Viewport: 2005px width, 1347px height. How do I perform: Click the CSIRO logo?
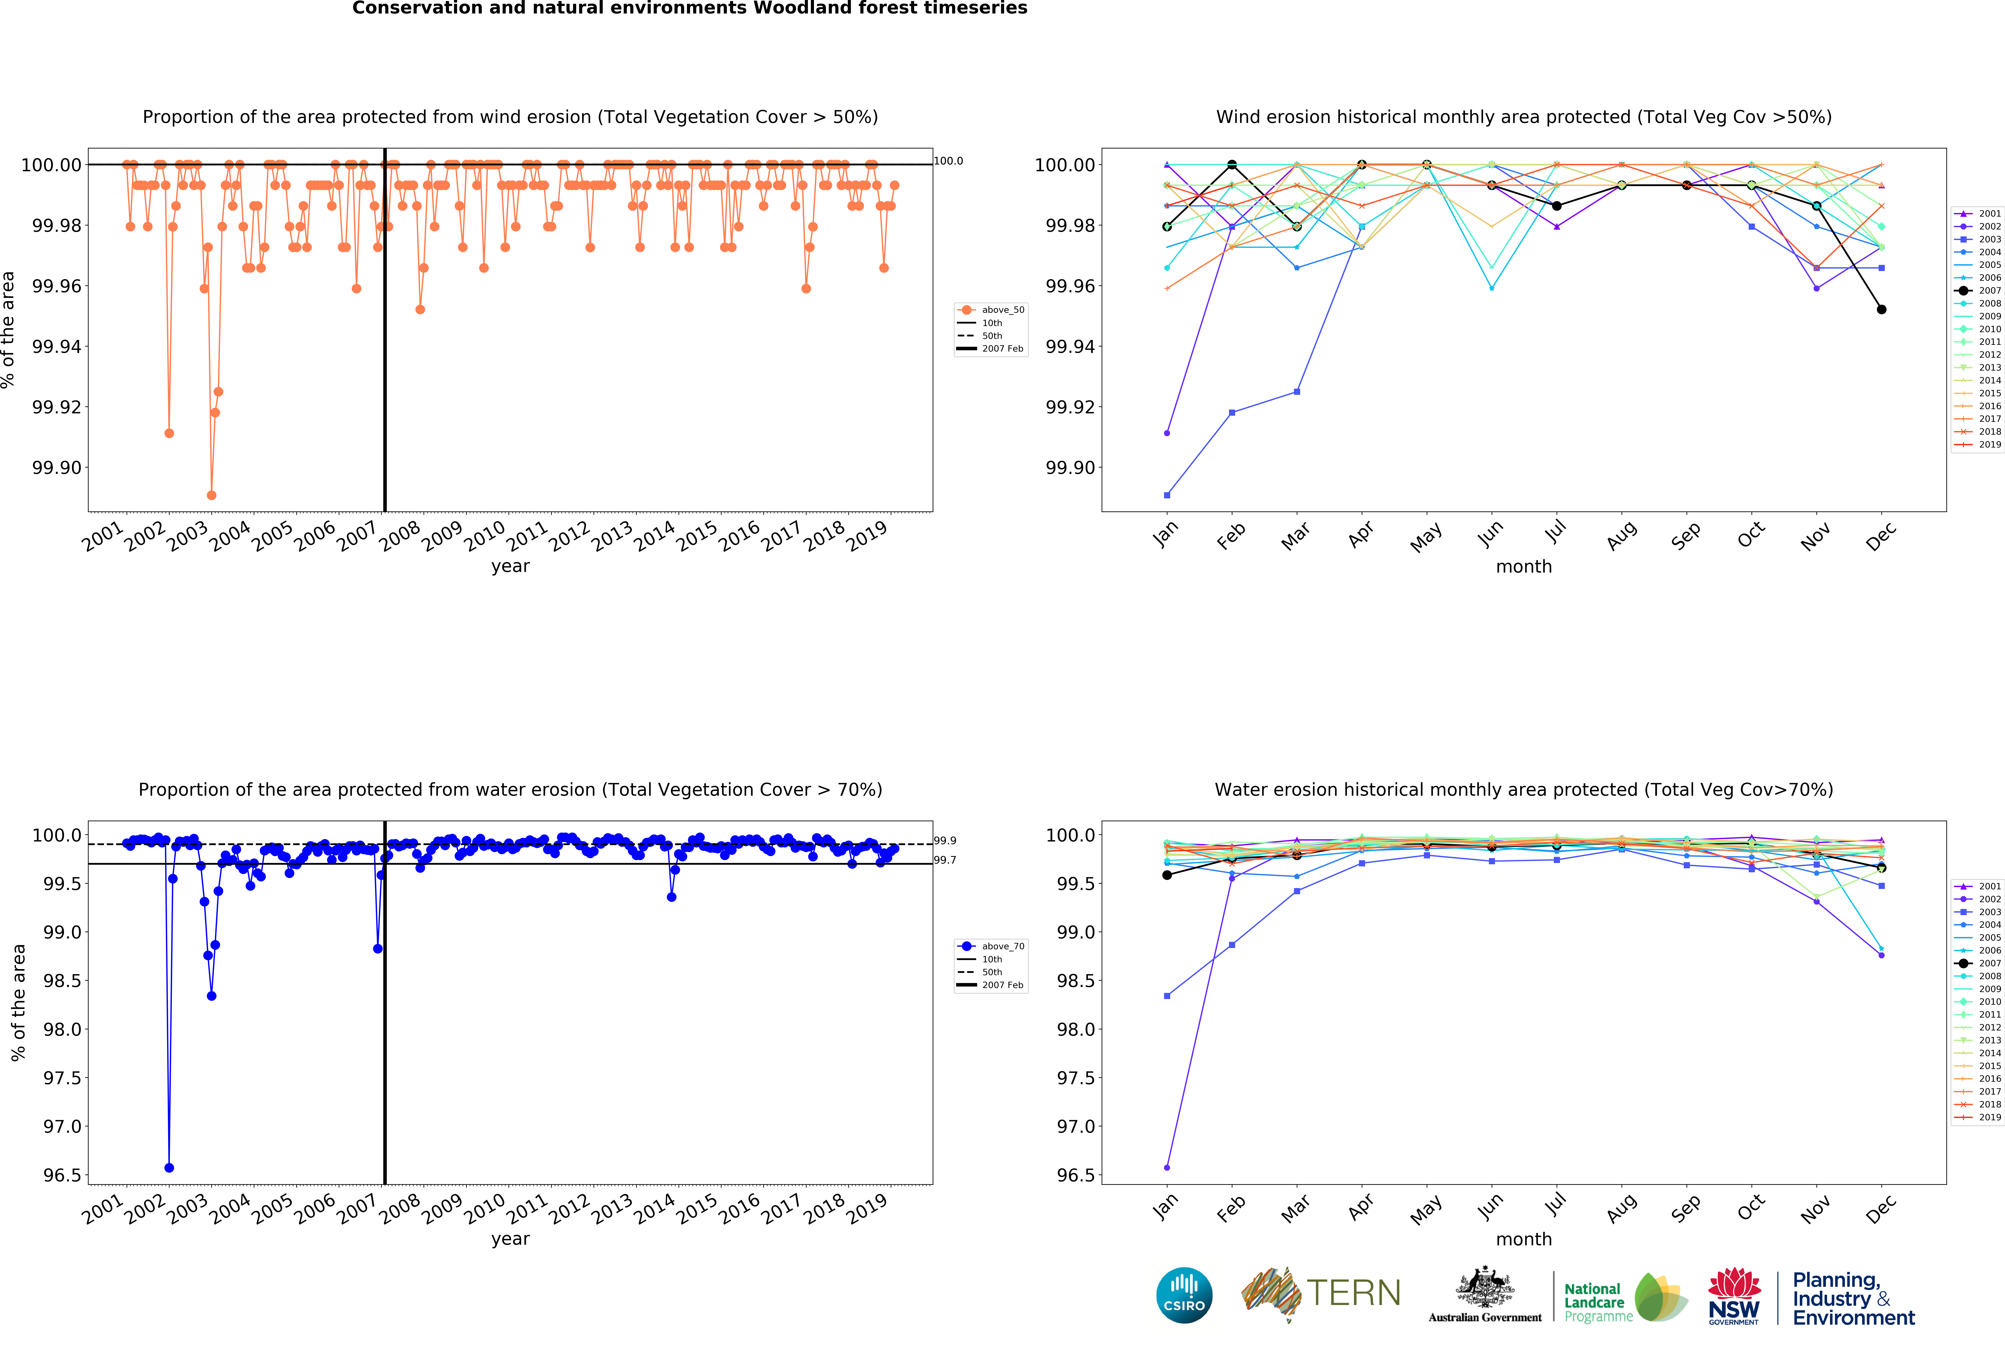1184,1295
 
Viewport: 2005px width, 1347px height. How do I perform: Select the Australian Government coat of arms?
1484,1289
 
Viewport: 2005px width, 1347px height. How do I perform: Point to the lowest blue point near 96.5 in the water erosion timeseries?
169,1168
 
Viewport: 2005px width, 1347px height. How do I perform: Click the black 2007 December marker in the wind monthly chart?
1881,309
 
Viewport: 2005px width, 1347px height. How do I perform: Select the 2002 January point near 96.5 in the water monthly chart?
1167,1168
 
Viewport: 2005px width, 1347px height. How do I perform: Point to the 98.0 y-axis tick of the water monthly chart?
1075,1029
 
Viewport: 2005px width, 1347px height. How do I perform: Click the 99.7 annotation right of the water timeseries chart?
945,860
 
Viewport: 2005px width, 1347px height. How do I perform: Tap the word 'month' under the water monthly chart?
1523,1239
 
